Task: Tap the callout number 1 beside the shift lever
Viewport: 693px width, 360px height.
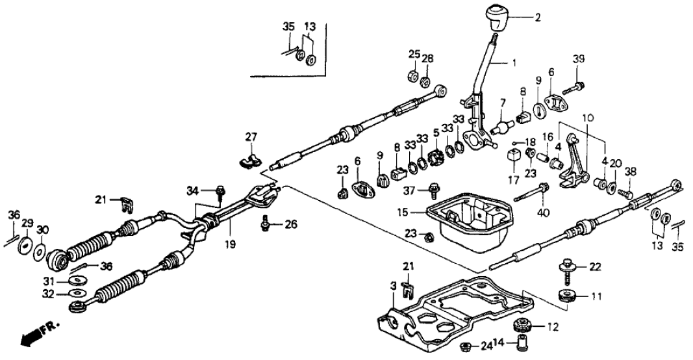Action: pos(513,64)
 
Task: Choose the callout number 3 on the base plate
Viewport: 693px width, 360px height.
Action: pos(393,286)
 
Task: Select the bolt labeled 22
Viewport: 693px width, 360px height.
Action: pos(564,265)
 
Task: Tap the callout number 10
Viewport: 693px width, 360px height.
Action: pos(587,118)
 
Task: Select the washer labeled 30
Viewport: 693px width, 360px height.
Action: pos(39,251)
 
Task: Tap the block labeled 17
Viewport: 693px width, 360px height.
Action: pos(513,159)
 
